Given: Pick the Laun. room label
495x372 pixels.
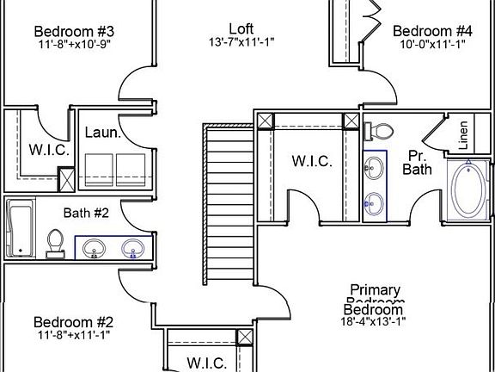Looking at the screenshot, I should click(101, 133).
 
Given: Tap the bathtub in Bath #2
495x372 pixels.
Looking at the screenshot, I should click(20, 227).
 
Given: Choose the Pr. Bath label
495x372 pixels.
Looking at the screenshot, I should click(418, 163).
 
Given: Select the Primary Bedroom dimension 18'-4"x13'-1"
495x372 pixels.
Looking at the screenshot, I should click(373, 322).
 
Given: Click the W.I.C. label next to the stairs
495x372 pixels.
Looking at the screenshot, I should click(312, 160).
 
